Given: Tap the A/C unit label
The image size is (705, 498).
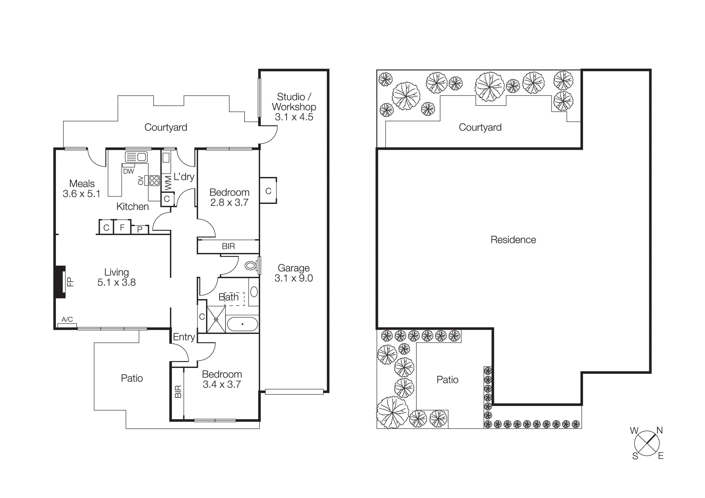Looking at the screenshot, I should tap(67, 319).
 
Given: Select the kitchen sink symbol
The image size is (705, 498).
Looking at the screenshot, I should tap(136, 157).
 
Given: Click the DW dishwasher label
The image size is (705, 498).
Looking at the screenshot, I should tap(128, 171).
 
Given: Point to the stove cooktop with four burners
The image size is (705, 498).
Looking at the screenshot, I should tap(154, 180).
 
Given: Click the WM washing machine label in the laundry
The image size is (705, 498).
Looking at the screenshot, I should tap(168, 183).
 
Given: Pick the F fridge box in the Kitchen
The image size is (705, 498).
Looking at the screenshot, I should tap(122, 227).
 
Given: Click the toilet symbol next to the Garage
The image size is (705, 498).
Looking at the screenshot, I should tap(251, 265).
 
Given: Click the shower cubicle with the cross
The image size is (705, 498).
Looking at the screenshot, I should tap(216, 319).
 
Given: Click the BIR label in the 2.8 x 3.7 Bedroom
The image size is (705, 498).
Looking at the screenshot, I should tap(228, 246).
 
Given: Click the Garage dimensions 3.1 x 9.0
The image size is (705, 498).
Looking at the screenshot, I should tap(294, 278).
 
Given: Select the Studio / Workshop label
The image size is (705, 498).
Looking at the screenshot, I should tap(294, 102).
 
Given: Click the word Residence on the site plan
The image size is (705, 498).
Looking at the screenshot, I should tap(513, 240).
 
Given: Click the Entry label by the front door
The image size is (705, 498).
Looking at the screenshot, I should tap(184, 337).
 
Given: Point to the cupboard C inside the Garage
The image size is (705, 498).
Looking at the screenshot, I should tap(268, 191).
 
